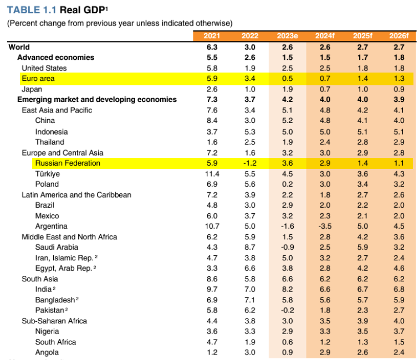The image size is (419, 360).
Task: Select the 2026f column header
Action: pos(398,36)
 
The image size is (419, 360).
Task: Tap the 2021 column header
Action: pos(212,36)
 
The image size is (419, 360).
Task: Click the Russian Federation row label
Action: pos(68,163)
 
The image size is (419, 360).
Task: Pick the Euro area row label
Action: pos(38,79)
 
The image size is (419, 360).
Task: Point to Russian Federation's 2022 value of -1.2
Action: pos(249,163)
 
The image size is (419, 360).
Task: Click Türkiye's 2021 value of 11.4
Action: pos(212,174)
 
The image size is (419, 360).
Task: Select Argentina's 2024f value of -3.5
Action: pos(324,226)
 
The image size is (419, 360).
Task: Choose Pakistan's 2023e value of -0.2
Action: pos(287,310)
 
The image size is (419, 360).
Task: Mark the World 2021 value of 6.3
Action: pos(212,47)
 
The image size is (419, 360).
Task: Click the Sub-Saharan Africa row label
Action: pos(54,321)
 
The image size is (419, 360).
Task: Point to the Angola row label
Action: pos(47,352)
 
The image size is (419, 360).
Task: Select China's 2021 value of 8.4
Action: pos(212,121)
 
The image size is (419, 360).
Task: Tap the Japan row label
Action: pos(32,89)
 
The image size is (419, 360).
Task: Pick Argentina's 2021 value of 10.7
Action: pos(212,226)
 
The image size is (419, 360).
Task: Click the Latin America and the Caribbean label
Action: pos(76,194)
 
